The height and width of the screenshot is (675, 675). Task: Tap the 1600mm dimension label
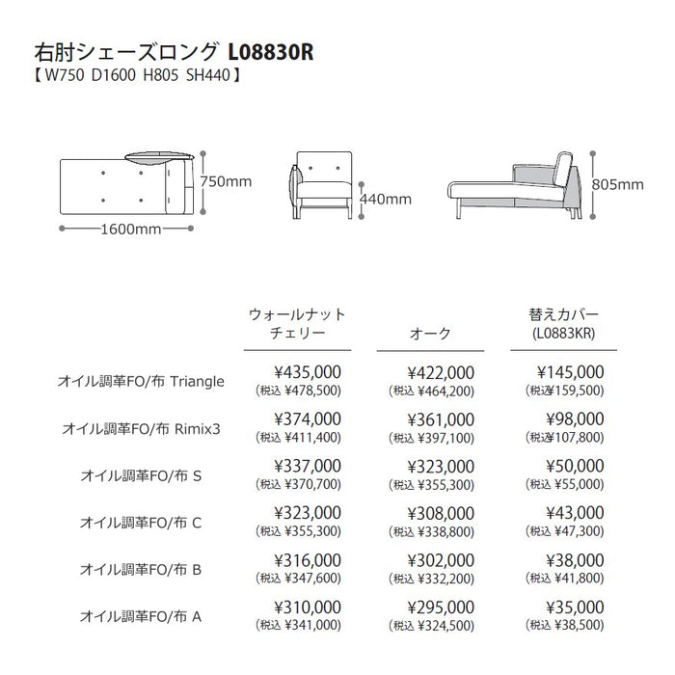[x=128, y=229]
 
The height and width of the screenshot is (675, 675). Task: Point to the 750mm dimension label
[x=228, y=180]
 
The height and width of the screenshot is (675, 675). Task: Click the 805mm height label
[x=617, y=183]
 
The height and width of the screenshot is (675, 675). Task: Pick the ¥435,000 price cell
[x=308, y=372]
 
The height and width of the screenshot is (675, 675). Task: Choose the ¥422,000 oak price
[x=441, y=372]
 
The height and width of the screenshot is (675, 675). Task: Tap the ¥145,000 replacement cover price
[x=572, y=372]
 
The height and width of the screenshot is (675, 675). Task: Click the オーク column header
[x=431, y=333]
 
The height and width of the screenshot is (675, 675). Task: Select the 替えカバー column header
[x=564, y=314]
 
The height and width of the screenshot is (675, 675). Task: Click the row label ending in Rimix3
[x=142, y=427]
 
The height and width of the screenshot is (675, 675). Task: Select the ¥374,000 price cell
[x=308, y=418]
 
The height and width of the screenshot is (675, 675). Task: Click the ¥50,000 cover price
[x=575, y=466]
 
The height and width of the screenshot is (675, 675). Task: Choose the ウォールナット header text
[x=297, y=314]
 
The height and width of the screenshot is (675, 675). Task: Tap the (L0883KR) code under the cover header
[x=564, y=333]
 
